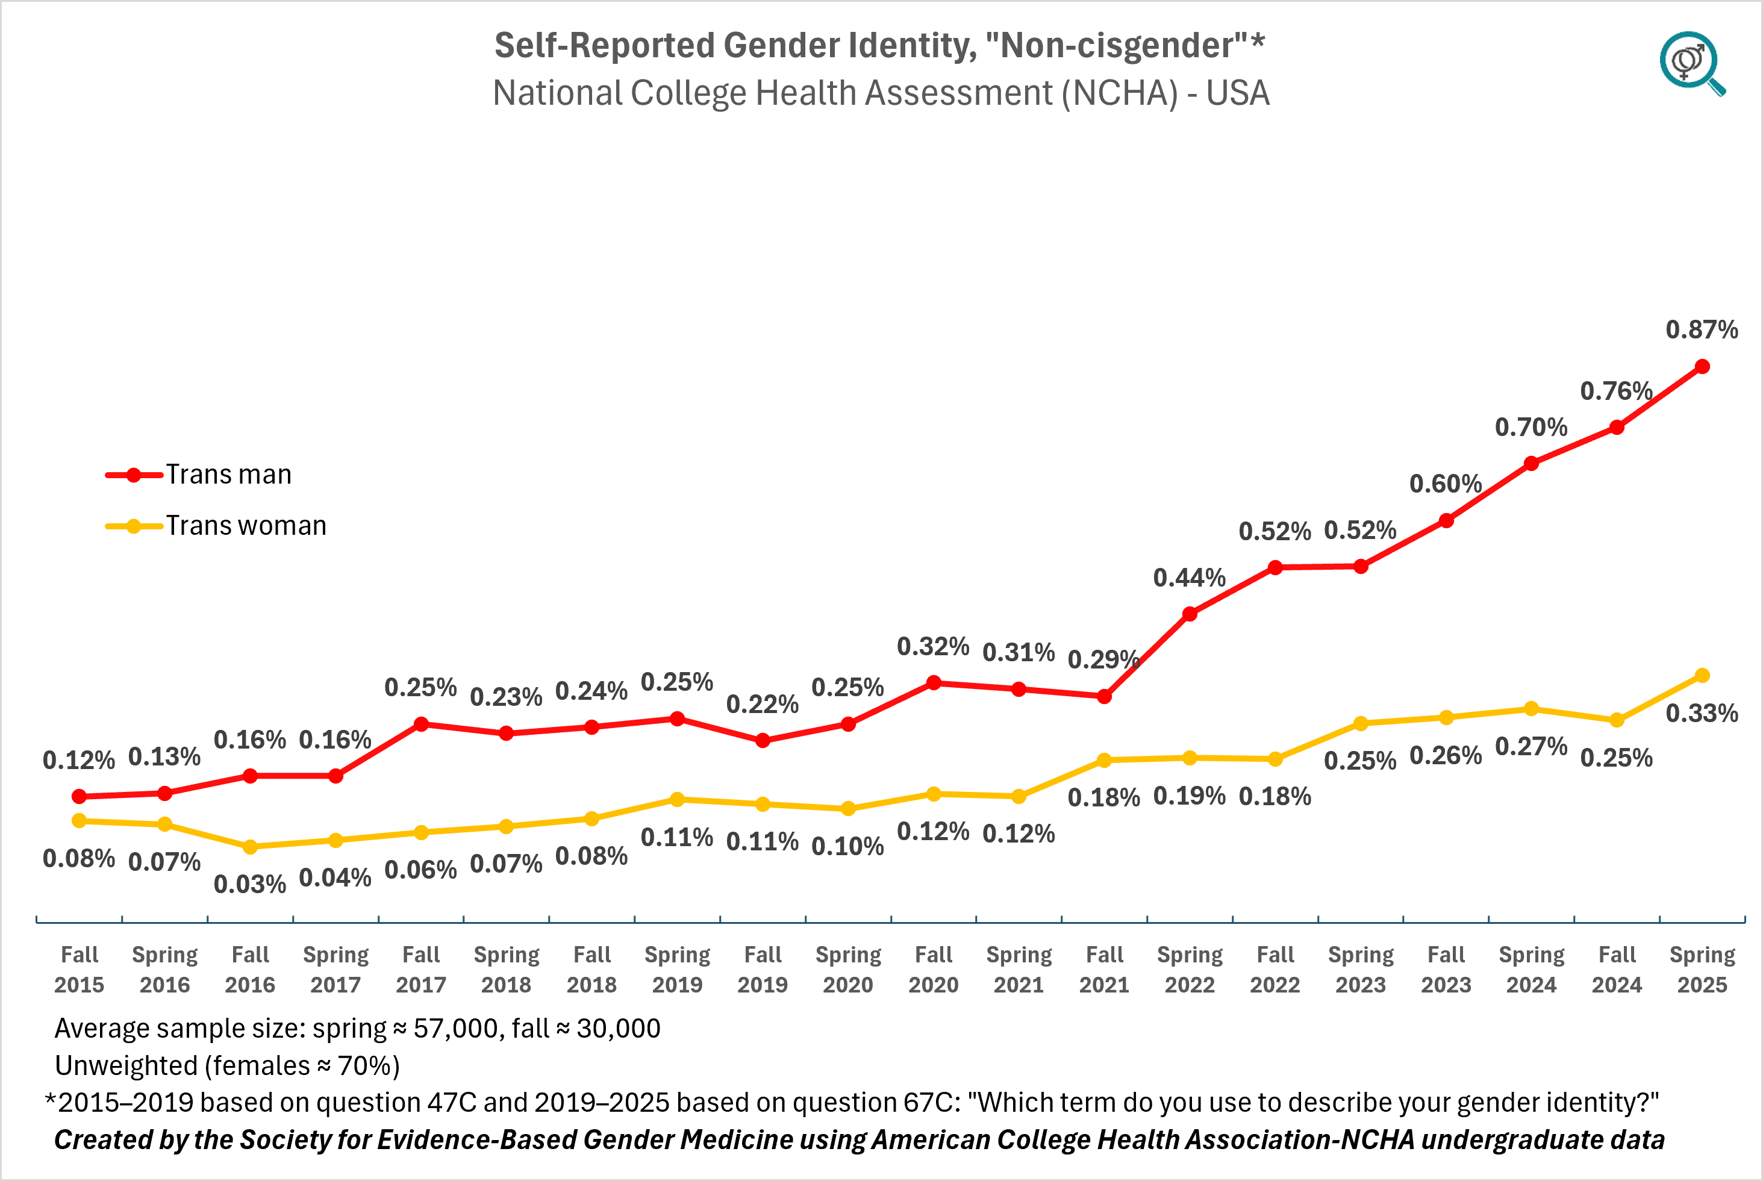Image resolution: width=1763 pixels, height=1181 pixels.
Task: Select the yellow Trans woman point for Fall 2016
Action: (250, 847)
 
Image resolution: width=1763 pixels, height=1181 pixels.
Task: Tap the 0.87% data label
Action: (1701, 329)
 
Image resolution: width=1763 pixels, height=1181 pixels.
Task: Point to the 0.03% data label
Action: (249, 883)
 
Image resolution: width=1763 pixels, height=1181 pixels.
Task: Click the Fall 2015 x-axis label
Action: (79, 970)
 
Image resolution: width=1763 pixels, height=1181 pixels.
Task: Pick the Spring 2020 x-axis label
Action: (848, 970)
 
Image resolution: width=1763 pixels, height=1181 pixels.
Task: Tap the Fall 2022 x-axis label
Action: (1275, 970)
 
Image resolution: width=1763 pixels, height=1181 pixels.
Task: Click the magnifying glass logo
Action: (1691, 63)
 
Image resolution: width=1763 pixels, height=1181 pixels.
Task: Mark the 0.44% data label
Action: (1189, 578)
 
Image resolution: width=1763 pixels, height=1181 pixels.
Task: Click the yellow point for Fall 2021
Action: (1104, 760)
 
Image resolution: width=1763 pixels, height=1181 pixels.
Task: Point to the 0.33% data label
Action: (1701, 712)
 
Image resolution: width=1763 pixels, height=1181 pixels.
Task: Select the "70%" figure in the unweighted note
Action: (364, 1066)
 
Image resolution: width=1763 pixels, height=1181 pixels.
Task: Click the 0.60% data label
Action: (1445, 484)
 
